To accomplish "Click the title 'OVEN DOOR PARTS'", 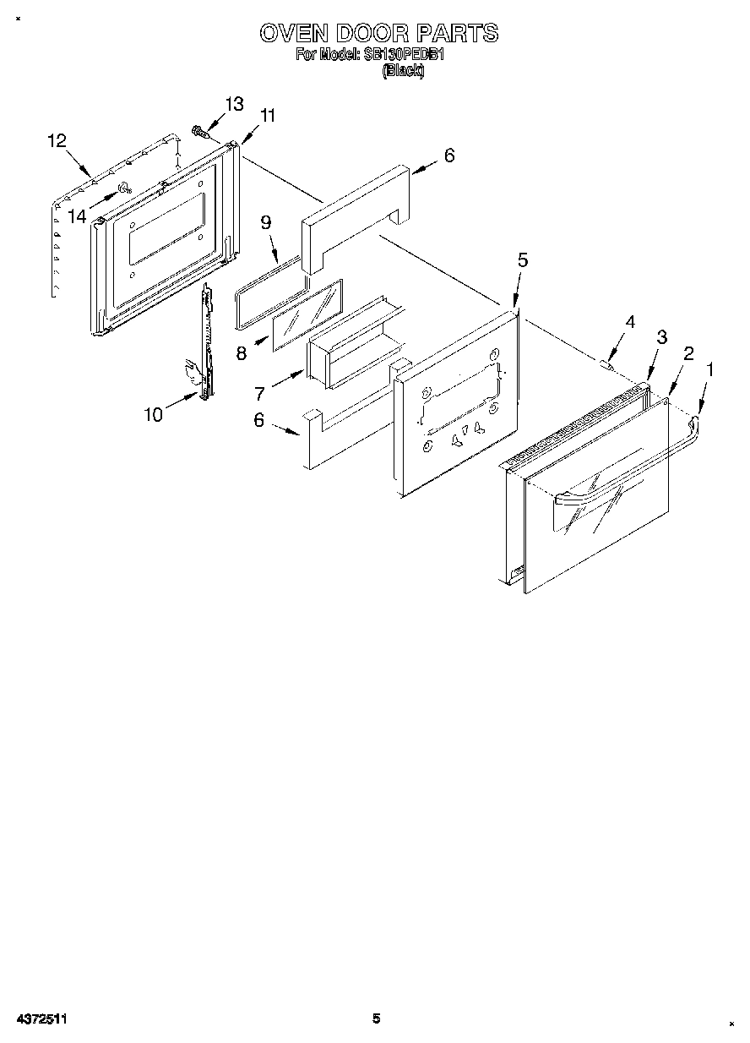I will (378, 33).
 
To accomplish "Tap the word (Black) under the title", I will (403, 72).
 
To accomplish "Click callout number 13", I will (233, 104).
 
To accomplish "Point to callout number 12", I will (57, 141).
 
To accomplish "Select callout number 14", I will (77, 216).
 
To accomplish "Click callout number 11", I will (267, 116).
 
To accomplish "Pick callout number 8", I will (242, 353).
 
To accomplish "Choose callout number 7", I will (260, 394).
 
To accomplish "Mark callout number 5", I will (522, 260).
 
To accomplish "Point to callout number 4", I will (629, 322).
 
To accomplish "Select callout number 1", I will (710, 369).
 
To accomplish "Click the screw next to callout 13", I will (201, 132).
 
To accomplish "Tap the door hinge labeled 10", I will (204, 347).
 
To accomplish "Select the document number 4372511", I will (41, 1019).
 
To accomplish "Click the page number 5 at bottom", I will (377, 1018).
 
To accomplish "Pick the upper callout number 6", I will (448, 156).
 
